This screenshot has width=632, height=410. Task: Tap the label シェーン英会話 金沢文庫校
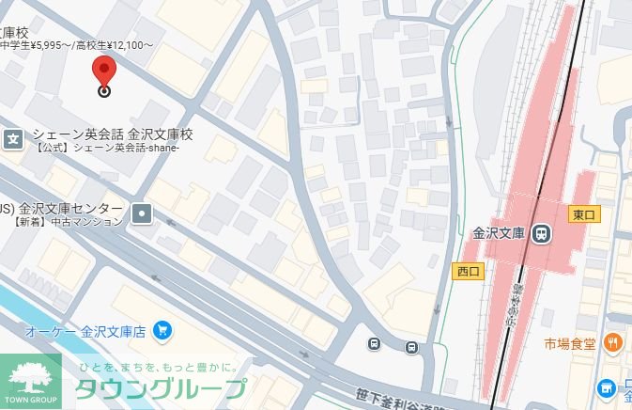(112, 134)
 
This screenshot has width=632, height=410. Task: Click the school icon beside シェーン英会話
(13, 139)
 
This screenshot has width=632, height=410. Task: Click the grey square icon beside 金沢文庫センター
(142, 213)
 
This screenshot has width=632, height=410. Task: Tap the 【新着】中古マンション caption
(69, 222)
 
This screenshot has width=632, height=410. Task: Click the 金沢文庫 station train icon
(542, 233)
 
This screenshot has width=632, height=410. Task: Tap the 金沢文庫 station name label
(498, 232)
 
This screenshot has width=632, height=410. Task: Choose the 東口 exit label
(584, 214)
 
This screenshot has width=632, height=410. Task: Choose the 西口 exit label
(468, 271)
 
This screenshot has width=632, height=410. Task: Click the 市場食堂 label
(570, 343)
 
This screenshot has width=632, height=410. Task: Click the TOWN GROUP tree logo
(31, 381)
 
